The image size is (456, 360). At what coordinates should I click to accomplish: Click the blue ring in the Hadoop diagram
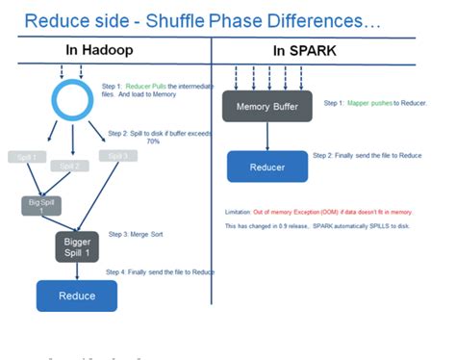coord(72,98)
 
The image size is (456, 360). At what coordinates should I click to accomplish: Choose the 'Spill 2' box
coord(69,166)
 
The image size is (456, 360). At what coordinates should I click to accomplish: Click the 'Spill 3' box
coord(116,156)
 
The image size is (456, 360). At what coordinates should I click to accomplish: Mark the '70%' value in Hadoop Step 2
coord(152,141)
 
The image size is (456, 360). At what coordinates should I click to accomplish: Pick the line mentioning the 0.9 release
coord(317,227)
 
